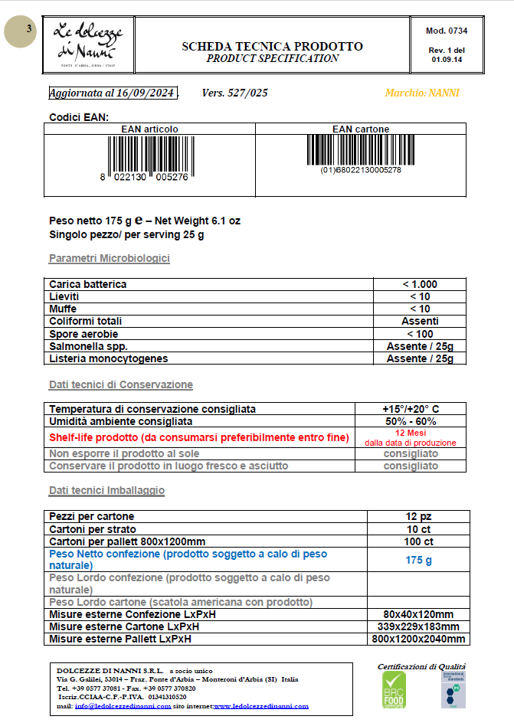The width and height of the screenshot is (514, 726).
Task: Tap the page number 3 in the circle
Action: click(x=28, y=30)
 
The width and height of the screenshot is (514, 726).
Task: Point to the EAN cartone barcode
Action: click(x=360, y=151)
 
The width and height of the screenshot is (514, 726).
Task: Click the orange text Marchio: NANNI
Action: click(x=423, y=93)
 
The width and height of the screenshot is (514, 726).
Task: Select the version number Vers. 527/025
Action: click(x=235, y=93)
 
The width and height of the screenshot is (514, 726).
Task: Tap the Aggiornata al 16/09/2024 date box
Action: click(x=113, y=93)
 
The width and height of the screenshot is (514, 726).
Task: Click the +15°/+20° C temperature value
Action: click(x=411, y=409)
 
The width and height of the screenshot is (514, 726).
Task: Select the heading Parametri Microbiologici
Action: click(x=110, y=258)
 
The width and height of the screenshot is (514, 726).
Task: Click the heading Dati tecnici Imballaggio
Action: click(x=106, y=489)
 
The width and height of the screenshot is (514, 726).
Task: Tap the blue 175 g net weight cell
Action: click(x=418, y=560)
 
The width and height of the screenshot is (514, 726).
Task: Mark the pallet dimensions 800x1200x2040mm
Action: click(x=418, y=639)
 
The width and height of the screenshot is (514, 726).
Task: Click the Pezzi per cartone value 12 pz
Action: click(x=418, y=516)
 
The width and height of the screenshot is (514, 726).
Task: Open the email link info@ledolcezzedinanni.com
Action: click(x=123, y=706)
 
